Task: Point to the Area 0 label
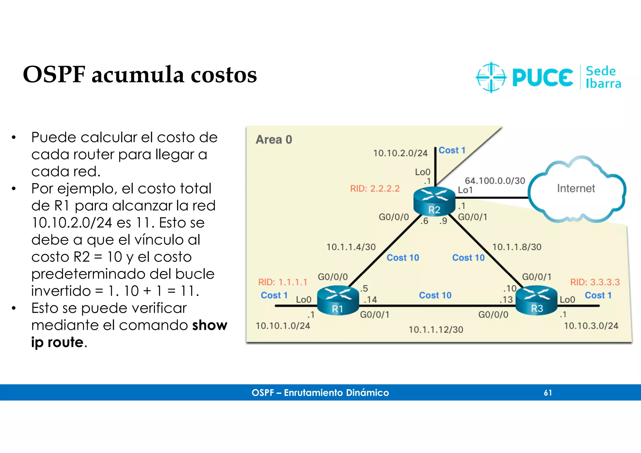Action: point(274,140)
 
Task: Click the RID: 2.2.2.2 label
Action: point(375,189)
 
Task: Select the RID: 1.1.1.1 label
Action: point(283,282)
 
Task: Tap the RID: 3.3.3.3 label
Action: point(595,282)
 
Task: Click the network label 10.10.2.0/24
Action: point(400,153)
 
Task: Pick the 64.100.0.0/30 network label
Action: point(495,181)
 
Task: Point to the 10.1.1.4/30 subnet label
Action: point(351,247)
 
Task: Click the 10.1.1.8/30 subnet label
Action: point(517,247)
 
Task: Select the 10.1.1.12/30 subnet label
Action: point(436,329)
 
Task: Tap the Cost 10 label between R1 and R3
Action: point(435,295)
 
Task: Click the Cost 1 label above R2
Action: point(452,150)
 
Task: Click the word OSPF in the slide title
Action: point(54,75)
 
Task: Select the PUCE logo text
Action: point(542,78)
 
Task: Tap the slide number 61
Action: point(548,393)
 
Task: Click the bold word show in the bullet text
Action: point(210,325)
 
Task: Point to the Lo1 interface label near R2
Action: point(465,190)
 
